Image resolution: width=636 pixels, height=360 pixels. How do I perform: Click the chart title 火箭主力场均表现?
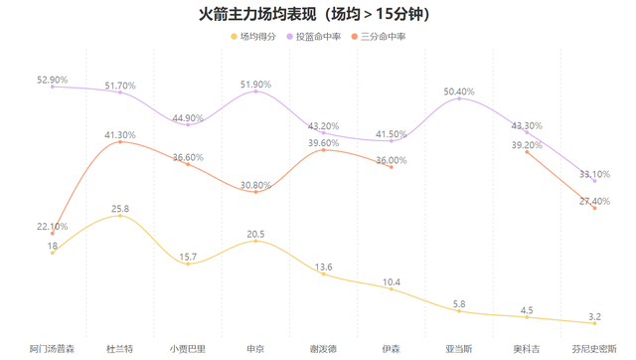tap(317, 14)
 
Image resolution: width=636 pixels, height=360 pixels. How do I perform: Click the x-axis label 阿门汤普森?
tap(52, 348)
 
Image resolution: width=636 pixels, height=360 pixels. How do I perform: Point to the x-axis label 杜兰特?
tap(120, 348)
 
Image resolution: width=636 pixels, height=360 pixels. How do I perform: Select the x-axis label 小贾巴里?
tap(188, 348)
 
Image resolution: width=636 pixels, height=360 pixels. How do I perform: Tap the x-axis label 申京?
tap(255, 348)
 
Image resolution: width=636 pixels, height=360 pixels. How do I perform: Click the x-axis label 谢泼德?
tap(323, 348)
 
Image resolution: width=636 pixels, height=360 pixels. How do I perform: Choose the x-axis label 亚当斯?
tap(459, 348)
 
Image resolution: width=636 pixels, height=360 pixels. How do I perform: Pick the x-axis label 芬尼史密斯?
tap(594, 348)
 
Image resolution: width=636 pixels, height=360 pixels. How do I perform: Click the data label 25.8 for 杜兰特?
tap(120, 209)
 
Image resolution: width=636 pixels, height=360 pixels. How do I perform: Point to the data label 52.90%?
tap(52, 80)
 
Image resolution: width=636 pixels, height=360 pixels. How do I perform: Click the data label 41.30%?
tap(120, 135)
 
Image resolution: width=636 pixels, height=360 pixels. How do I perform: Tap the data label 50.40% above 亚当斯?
tap(459, 91)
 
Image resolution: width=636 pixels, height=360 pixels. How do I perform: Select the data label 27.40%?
tap(594, 201)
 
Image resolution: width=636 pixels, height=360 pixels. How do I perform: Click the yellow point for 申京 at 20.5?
tap(255, 241)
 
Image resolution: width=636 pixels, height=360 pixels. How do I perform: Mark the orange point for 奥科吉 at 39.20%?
tap(527, 151)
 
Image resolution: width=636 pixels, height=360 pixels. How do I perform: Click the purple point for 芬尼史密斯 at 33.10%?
tap(594, 181)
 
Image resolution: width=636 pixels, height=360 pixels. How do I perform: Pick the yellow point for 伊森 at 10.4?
tap(392, 290)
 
